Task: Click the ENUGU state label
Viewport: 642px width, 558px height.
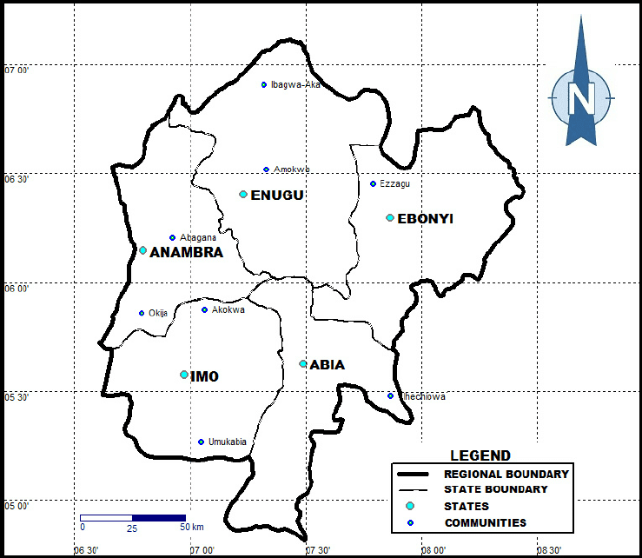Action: point(277,196)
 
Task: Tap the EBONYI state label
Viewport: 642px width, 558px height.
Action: point(425,219)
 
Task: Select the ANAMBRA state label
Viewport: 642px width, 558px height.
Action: point(186,253)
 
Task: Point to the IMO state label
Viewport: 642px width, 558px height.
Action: point(204,376)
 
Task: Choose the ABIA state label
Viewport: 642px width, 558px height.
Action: point(327,365)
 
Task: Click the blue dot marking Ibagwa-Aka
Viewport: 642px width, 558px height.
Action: point(264,84)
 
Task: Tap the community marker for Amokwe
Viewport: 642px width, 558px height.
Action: point(267,169)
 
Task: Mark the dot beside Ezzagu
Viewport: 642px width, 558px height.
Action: point(374,183)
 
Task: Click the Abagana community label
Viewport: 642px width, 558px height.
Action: point(198,237)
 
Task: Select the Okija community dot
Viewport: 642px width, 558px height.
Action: point(142,313)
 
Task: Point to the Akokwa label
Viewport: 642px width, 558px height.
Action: point(228,309)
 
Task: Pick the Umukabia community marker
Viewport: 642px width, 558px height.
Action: point(201,442)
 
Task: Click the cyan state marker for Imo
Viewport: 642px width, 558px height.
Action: point(184,375)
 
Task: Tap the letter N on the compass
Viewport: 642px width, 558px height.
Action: point(580,96)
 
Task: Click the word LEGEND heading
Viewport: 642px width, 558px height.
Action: point(480,455)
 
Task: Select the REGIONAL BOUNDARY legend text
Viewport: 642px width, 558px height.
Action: point(506,475)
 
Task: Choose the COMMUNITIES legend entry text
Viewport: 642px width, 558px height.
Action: point(486,522)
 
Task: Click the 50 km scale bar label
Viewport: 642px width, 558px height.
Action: point(192,528)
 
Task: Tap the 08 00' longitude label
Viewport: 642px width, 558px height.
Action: point(434,549)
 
